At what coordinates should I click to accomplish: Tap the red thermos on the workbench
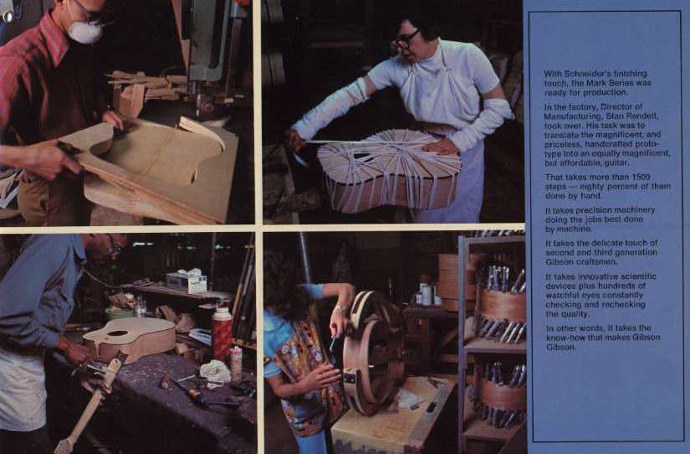[222, 333]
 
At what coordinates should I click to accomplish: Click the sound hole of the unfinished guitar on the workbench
[117, 333]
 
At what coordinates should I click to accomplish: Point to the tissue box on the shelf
[187, 282]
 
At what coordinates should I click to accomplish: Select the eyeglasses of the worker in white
[406, 39]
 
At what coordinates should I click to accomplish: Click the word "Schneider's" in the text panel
[584, 74]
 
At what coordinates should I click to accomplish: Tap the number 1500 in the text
[653, 178]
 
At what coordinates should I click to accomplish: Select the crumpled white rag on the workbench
[215, 371]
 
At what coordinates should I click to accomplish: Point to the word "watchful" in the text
[562, 295]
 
